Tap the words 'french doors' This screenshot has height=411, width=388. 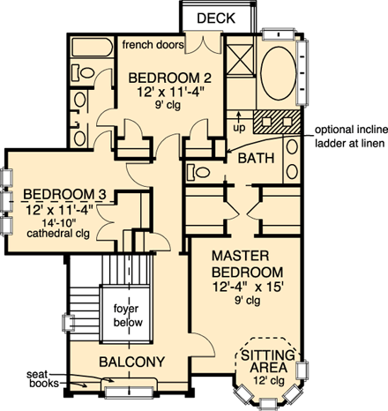(x=152, y=44)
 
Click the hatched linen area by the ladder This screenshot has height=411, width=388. (x=275, y=121)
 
